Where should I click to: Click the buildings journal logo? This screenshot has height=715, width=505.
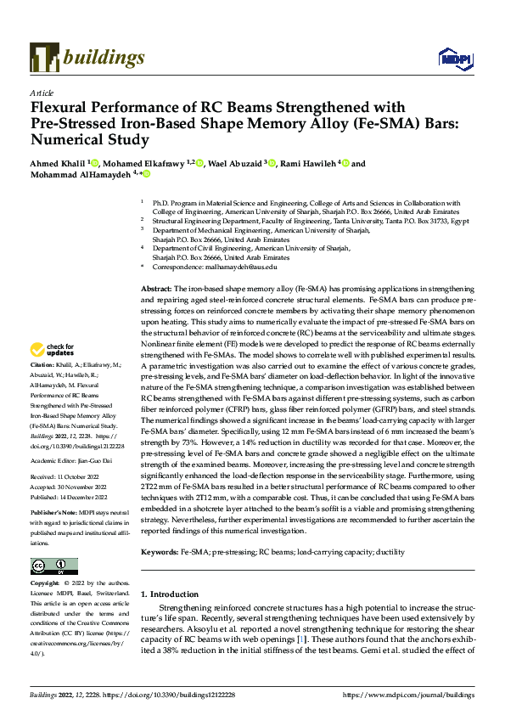pos(87,58)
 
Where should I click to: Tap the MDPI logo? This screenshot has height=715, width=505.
pos(451,58)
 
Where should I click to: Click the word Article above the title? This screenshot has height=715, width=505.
pos(42,93)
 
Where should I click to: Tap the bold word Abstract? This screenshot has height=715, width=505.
pos(155,290)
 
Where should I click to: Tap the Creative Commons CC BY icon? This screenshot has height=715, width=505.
pos(54,566)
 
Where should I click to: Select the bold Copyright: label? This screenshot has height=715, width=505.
pos(47,584)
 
